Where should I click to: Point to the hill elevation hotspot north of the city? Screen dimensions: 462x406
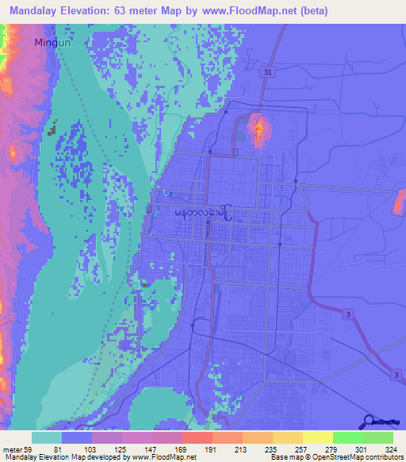257,129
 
